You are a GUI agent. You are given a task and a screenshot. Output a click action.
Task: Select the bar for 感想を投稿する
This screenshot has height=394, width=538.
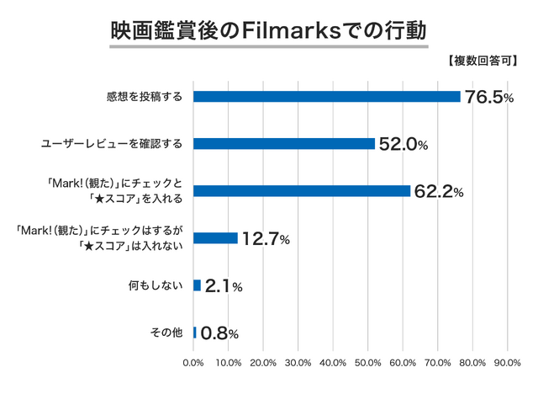326,96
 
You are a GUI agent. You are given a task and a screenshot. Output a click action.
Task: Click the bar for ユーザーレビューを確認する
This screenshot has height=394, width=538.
283,143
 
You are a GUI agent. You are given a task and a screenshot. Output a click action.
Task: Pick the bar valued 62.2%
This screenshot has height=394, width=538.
301,191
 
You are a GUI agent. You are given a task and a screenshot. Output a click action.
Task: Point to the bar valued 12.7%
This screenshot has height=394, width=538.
215,238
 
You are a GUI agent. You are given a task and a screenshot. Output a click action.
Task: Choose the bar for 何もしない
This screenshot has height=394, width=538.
197,285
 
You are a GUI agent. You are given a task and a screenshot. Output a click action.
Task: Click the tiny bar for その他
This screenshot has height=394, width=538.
195,333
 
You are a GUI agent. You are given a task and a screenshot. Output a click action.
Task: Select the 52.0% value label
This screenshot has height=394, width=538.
403,145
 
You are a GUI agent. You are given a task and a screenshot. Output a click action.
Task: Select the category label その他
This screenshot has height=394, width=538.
166,333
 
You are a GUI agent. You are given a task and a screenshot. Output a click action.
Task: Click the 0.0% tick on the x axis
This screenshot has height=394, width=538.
193,364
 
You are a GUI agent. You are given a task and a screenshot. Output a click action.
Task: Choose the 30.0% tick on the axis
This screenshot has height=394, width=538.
298,364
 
